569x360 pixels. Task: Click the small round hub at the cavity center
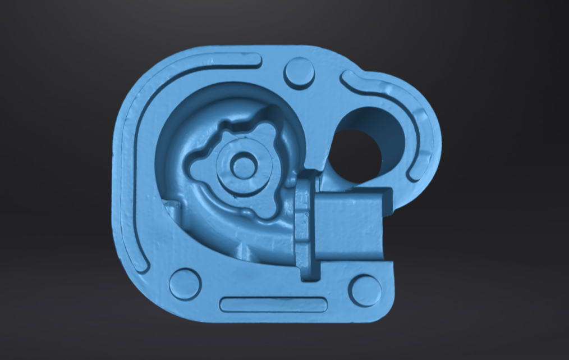(x=242, y=166)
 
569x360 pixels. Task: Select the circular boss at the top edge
(x=299, y=73)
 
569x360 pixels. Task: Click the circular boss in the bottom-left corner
(x=185, y=284)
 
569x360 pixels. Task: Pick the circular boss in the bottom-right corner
(x=364, y=290)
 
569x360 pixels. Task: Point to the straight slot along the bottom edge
(x=273, y=304)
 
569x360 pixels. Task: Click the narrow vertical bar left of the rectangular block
(x=303, y=225)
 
